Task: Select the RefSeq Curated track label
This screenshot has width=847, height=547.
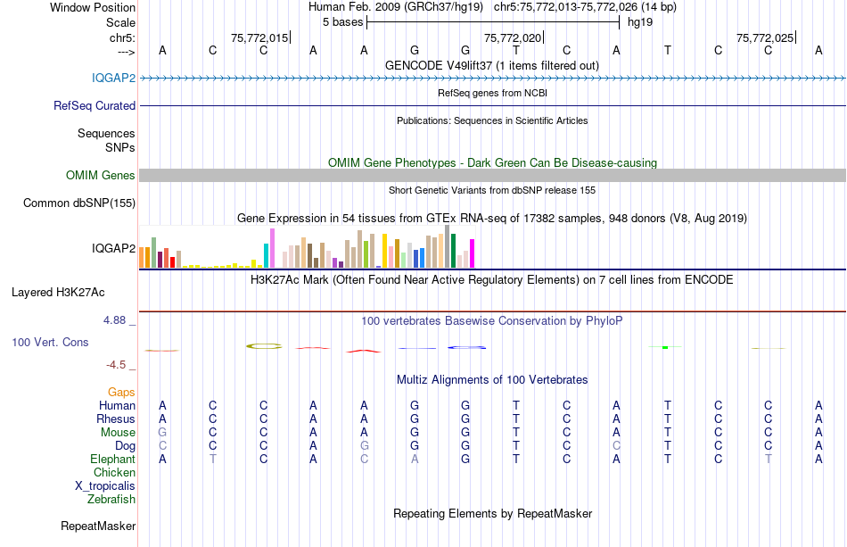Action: pyautogui.click(x=95, y=105)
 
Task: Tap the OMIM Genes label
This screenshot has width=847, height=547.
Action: pyautogui.click(x=101, y=176)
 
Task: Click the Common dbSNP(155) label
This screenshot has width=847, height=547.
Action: pyautogui.click(x=79, y=203)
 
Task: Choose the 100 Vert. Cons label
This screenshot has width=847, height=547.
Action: pyautogui.click(x=50, y=342)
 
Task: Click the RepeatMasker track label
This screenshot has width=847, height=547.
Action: pyautogui.click(x=98, y=526)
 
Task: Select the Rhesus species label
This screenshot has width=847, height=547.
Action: pyautogui.click(x=116, y=419)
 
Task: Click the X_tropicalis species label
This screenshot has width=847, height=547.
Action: pyautogui.click(x=105, y=486)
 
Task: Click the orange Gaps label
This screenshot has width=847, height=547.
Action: pyautogui.click(x=121, y=392)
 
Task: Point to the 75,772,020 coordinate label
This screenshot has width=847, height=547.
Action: pyautogui.click(x=513, y=38)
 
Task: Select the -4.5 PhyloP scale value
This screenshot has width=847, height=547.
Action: pyautogui.click(x=117, y=364)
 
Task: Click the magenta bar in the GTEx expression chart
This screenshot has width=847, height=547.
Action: pyautogui.click(x=472, y=253)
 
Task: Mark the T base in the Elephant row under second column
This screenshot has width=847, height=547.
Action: pyautogui.click(x=212, y=460)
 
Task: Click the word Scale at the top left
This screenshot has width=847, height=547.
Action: pyautogui.click(x=120, y=22)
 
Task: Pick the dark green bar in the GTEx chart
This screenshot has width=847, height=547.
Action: pyautogui.click(x=454, y=251)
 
